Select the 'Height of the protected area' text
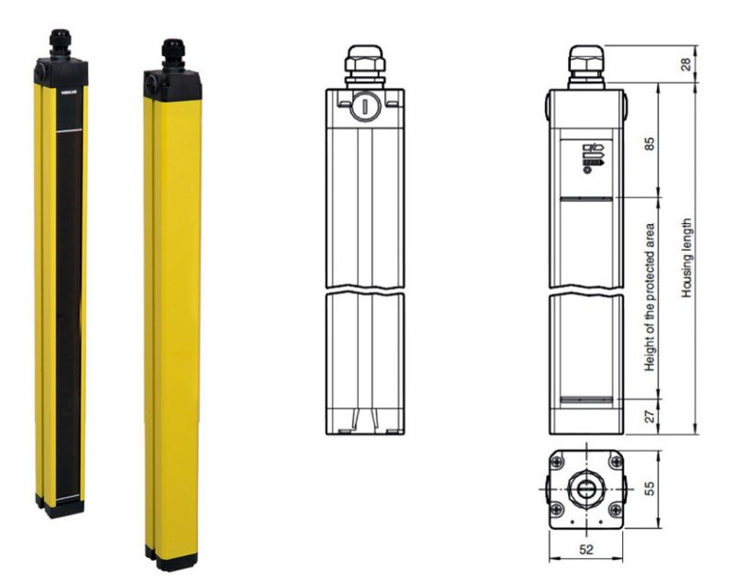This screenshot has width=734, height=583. coord(649,297)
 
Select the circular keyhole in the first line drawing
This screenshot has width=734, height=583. coord(364,106)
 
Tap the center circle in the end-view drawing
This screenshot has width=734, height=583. coord(584,487)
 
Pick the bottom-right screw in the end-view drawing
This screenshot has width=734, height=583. coord(614,511)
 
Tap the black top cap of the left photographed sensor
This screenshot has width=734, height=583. coord(61,70)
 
